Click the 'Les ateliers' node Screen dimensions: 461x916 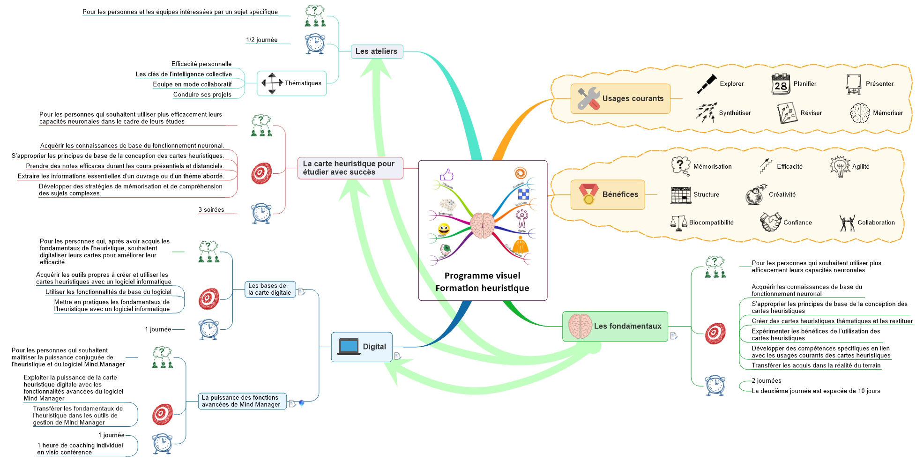376,52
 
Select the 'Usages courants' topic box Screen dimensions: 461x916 620,98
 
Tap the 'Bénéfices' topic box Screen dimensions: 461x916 607,194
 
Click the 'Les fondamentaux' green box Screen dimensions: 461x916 615,326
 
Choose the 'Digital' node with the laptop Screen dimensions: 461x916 361,347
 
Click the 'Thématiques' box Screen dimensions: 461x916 291,83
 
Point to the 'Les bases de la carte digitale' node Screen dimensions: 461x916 270,289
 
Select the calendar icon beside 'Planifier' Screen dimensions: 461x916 781,84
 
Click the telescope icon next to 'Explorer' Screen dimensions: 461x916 707,84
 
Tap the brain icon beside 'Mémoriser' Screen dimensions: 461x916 860,113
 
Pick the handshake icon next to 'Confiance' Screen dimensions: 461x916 770,222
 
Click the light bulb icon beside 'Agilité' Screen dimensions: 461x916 840,166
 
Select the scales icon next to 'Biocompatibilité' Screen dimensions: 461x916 678,223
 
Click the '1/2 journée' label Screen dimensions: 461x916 262,40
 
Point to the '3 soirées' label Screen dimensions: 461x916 211,210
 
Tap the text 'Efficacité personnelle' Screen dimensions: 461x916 201,64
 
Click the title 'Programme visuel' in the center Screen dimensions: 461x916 482,275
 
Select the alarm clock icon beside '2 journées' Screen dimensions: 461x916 715,385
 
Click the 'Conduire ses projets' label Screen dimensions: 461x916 202,95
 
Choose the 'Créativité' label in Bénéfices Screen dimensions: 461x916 782,194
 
